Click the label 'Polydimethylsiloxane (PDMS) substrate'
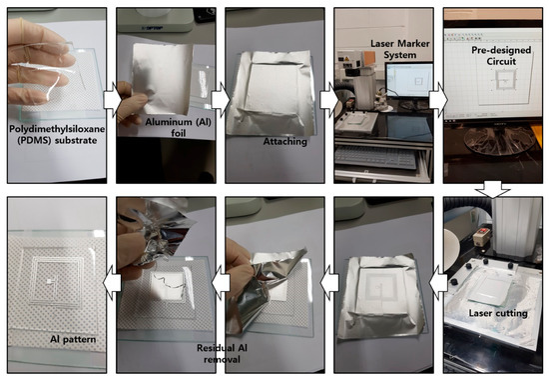[57, 134]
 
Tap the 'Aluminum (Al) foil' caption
[179, 127]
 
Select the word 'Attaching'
[285, 141]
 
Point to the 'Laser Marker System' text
[400, 49]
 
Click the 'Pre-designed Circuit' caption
[501, 55]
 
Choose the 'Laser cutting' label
[498, 313]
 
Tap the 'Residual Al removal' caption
[222, 353]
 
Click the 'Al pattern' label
[73, 339]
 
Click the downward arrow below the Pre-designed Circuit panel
[493, 190]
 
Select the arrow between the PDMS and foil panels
[112, 100]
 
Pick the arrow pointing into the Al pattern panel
[112, 282]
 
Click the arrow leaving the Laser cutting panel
[438, 282]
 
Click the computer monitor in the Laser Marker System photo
[409, 80]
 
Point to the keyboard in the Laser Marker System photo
[375, 157]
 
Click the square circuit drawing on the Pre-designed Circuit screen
[503, 81]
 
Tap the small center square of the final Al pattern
[49, 281]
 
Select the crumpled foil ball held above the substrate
[153, 233]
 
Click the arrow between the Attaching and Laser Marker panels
[329, 100]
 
